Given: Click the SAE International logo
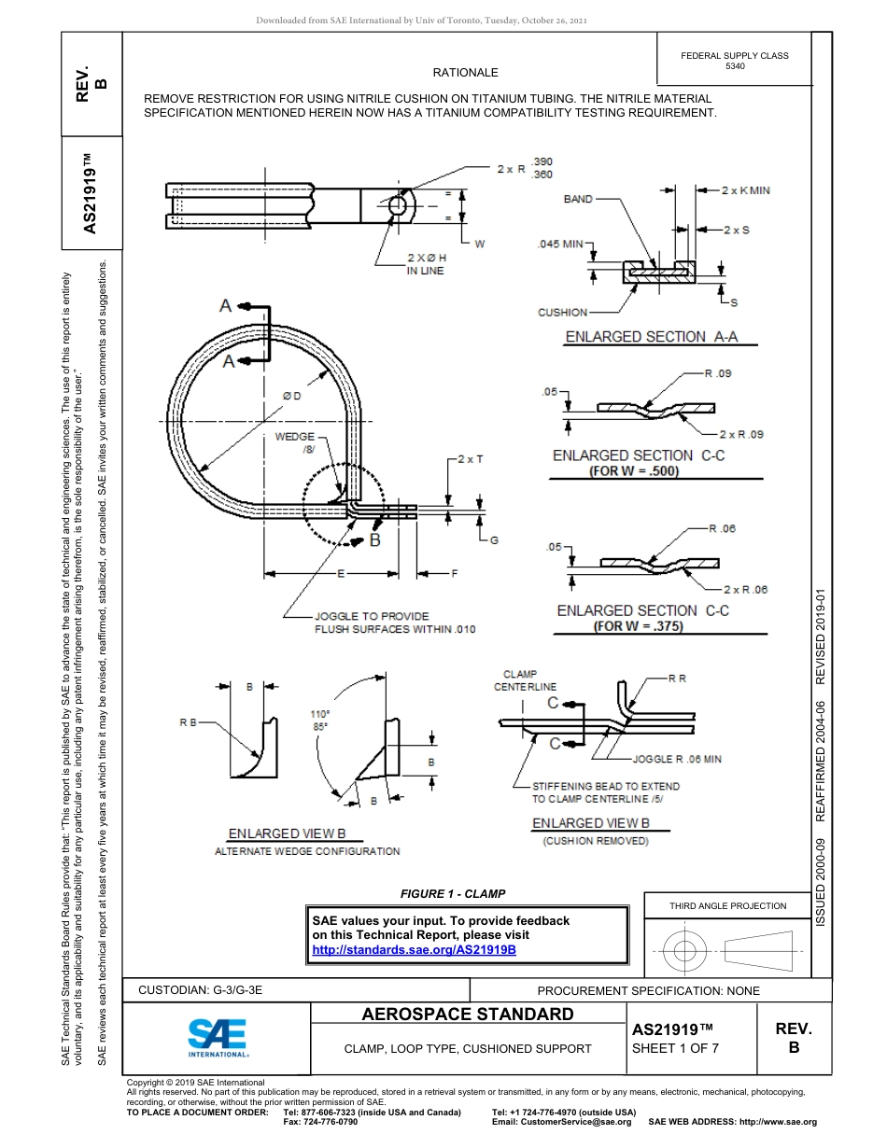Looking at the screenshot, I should (x=218, y=1036).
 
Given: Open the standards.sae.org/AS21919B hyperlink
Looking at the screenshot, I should (x=413, y=949).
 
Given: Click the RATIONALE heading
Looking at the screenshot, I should (x=465, y=73).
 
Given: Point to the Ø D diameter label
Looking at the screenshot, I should (x=292, y=397).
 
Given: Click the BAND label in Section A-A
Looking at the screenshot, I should (x=578, y=199).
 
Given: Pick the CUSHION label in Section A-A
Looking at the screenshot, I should (x=563, y=313).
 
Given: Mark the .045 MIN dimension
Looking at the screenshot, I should (x=561, y=245).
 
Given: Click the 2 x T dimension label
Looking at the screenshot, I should (x=471, y=459).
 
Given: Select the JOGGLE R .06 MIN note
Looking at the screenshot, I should (x=677, y=760).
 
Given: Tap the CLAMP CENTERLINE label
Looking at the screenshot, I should (x=525, y=680).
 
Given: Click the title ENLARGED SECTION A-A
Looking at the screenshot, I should (x=652, y=337).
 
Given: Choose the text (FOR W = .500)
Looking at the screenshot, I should (x=634, y=471).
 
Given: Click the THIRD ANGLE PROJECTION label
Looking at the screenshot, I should (x=727, y=905).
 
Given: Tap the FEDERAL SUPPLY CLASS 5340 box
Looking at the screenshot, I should (x=735, y=61).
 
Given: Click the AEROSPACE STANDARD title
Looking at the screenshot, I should (x=468, y=1015).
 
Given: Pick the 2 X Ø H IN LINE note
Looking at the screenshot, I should (x=426, y=264).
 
